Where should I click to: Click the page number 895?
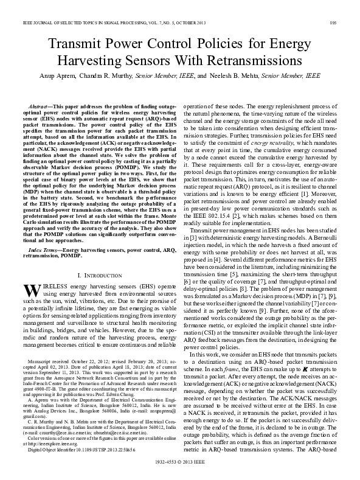[350, 5]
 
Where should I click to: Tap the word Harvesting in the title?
[93, 62]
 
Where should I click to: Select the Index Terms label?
[45, 250]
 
